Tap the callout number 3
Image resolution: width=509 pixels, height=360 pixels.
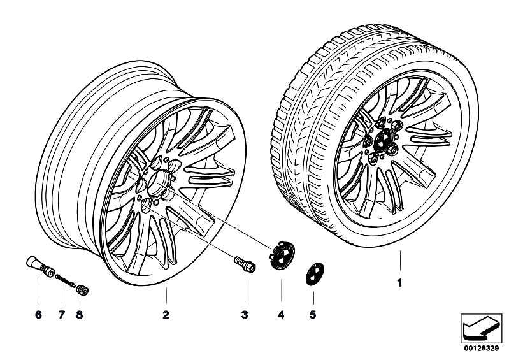244,314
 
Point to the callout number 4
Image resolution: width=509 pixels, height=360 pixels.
281,314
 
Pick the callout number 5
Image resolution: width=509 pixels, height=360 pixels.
312,314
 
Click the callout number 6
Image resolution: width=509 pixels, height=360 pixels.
38,314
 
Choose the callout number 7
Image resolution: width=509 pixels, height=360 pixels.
62,314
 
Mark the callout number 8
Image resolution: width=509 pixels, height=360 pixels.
80,314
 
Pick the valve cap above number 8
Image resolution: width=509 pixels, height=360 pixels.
82,289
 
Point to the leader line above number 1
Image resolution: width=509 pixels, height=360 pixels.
400,262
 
